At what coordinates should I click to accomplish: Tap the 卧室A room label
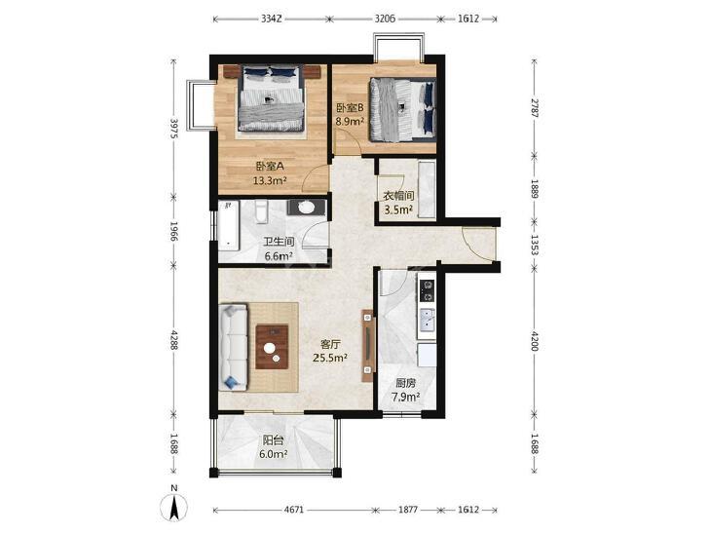tap(270, 167)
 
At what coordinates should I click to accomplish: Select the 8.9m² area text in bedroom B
tap(350, 122)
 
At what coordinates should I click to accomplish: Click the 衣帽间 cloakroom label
tap(399, 196)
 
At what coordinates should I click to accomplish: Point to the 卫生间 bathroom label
tap(279, 243)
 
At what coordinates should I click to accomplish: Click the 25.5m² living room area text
tap(330, 358)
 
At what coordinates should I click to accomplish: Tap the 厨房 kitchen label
tap(405, 384)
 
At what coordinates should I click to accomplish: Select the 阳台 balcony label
tap(274, 439)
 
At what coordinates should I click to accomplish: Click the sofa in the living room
tap(233, 347)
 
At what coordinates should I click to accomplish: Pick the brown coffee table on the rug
tap(272, 347)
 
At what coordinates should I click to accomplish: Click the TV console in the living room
tap(368, 346)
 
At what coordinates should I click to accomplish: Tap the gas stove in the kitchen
tap(427, 290)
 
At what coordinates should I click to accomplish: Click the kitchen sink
tap(427, 320)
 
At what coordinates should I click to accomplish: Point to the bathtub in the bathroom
tap(228, 226)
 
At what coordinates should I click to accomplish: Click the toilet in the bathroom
tap(262, 212)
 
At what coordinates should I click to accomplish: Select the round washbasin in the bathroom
tap(307, 208)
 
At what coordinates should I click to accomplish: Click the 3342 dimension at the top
tap(272, 19)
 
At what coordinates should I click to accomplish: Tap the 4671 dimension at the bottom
tap(294, 510)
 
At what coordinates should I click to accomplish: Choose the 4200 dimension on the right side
tap(535, 341)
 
